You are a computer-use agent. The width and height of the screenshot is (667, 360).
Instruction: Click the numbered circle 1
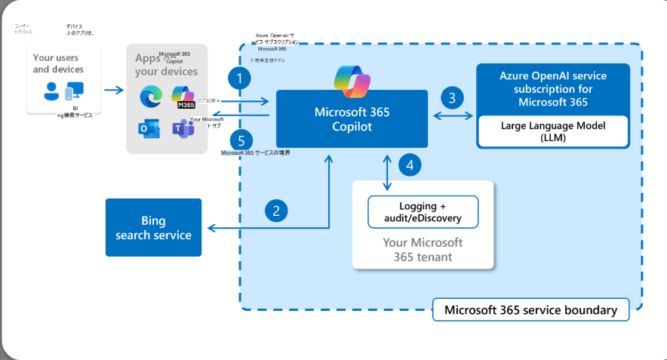tap(241, 78)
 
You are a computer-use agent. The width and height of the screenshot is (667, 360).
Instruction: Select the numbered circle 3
tap(451, 97)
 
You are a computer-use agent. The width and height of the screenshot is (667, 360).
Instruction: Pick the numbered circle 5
tap(241, 140)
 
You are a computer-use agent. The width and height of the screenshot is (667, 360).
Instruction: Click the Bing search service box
tap(153, 227)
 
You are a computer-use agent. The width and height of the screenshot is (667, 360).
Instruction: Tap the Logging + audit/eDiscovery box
tap(423, 212)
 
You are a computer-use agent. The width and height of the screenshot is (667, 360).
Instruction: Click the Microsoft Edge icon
tap(149, 96)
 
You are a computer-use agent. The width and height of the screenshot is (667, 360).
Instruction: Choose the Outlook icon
tap(149, 129)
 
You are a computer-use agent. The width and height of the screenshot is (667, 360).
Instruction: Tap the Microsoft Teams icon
tap(182, 129)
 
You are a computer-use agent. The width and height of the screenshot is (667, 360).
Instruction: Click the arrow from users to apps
tap(113, 91)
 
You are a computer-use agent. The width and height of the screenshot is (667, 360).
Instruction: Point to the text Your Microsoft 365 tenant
tap(423, 250)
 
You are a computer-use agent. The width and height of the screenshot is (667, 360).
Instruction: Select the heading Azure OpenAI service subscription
tap(553, 89)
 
